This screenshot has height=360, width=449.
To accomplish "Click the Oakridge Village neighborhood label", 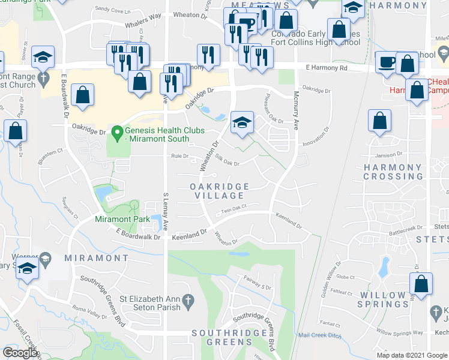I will pyautogui.click(x=217, y=191).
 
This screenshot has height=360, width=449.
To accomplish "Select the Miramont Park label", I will pyautogui.click(x=122, y=219).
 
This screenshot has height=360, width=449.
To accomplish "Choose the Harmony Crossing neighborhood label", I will pyautogui.click(x=393, y=172).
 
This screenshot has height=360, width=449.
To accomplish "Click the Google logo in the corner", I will pyautogui.click(x=20, y=353).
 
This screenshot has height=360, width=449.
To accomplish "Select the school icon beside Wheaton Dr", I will pyautogui.click(x=242, y=123).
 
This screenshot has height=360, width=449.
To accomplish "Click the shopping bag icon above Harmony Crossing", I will pyautogui.click(x=379, y=121).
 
